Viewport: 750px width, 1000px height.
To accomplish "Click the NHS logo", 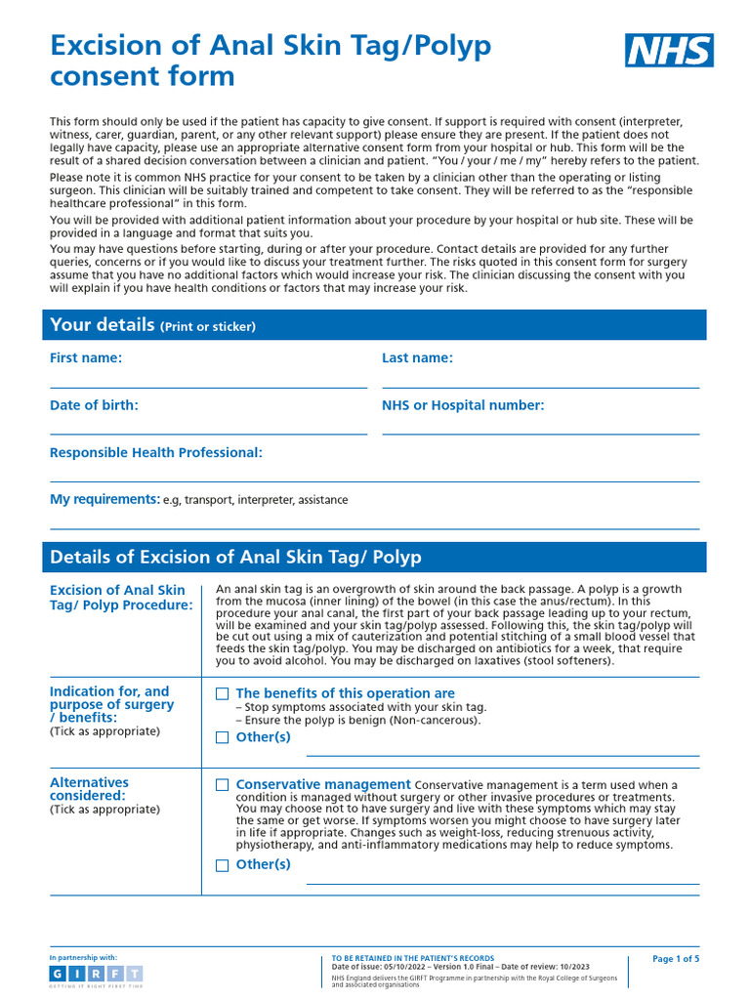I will point(669,50).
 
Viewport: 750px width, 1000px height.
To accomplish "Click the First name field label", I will point(86,358).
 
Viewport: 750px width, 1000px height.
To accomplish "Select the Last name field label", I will point(417,358).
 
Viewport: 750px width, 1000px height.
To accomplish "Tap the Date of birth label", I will point(94,405).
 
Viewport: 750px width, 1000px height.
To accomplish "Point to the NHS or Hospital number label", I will point(463,405).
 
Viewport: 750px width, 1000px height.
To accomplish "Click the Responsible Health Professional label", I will point(156,452).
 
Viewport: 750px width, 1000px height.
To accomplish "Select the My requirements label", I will point(104,499).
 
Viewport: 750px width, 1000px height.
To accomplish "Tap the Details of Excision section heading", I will point(235,558).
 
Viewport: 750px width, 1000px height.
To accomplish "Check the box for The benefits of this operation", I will point(223,693).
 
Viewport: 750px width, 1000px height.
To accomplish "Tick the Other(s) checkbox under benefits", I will point(223,738).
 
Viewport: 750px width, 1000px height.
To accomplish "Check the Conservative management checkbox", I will point(223,785).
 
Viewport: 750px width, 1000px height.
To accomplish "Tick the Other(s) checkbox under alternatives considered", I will point(223,865).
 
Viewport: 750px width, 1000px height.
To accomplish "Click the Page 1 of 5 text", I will point(676,959).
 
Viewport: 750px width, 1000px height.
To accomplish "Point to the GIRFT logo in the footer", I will point(96,975).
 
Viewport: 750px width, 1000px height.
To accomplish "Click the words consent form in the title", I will point(143,76).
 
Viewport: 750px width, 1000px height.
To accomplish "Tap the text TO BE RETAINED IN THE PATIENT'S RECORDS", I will point(413,959).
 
